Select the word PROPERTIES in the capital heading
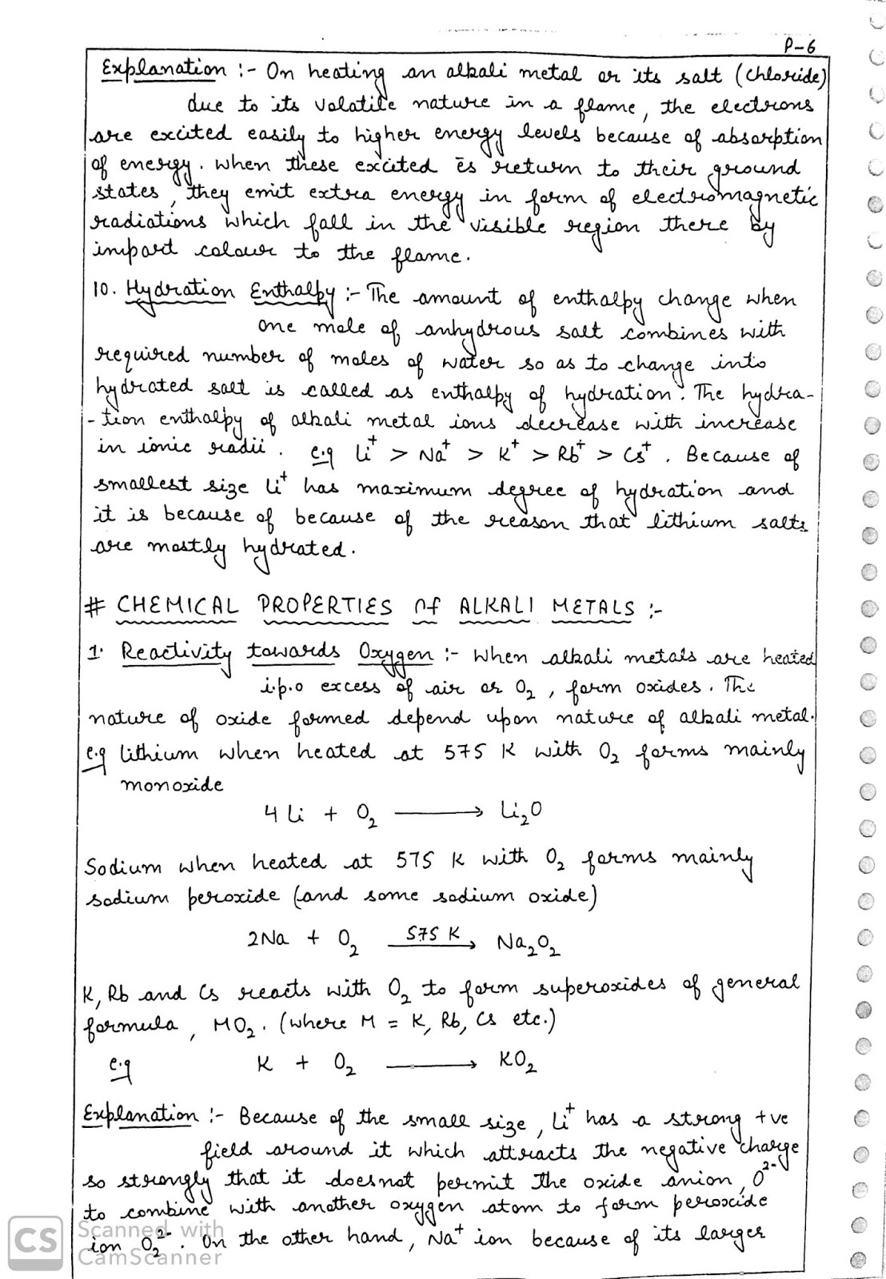[324, 607]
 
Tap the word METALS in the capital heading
[593, 607]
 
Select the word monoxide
[171, 784]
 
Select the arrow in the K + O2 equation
[432, 1065]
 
